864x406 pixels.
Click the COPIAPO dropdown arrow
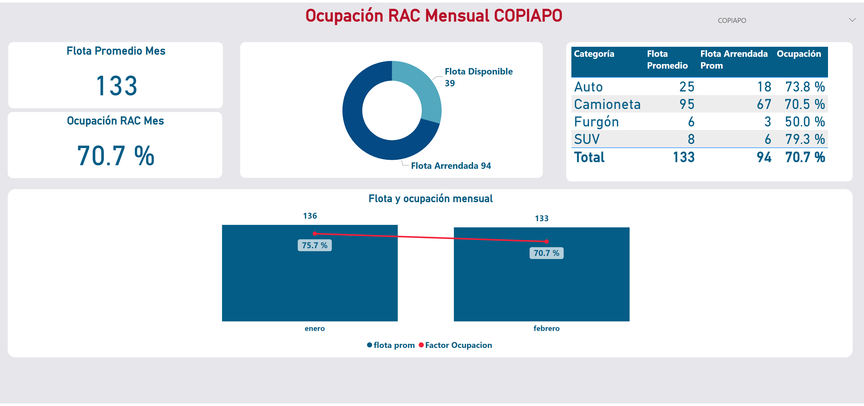852,20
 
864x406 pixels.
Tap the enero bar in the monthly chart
310,285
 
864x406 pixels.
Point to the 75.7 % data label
314,245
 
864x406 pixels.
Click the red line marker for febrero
546,241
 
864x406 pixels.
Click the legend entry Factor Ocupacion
458,345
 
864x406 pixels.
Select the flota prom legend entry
394,345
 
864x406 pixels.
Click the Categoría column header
594,54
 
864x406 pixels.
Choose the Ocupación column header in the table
799,54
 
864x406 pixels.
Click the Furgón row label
596,122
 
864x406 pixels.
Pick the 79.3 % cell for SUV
805,139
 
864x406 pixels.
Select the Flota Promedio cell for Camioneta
687,104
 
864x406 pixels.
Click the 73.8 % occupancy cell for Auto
805,87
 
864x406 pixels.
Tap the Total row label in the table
589,157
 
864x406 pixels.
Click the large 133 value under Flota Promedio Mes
116,86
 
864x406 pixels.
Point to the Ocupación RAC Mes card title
115,121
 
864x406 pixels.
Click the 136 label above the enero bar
310,216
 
